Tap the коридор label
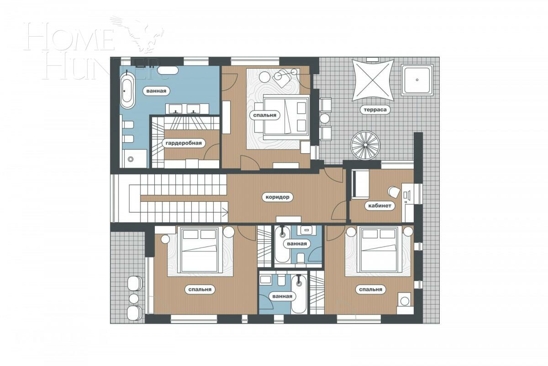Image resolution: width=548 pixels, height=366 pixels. (x=277, y=197)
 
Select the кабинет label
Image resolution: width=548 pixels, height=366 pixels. (x=379, y=206)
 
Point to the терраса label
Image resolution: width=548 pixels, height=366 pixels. (x=374, y=110)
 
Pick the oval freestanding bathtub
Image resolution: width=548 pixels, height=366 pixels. (x=127, y=90)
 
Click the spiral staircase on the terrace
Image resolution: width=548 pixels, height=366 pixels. (x=365, y=145)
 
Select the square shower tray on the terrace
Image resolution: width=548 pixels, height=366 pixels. (x=417, y=80)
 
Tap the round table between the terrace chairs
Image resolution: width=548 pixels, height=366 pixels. (x=325, y=118)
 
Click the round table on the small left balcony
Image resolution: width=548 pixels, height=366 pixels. (x=134, y=298)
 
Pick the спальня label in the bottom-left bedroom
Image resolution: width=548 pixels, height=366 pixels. (x=201, y=290)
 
